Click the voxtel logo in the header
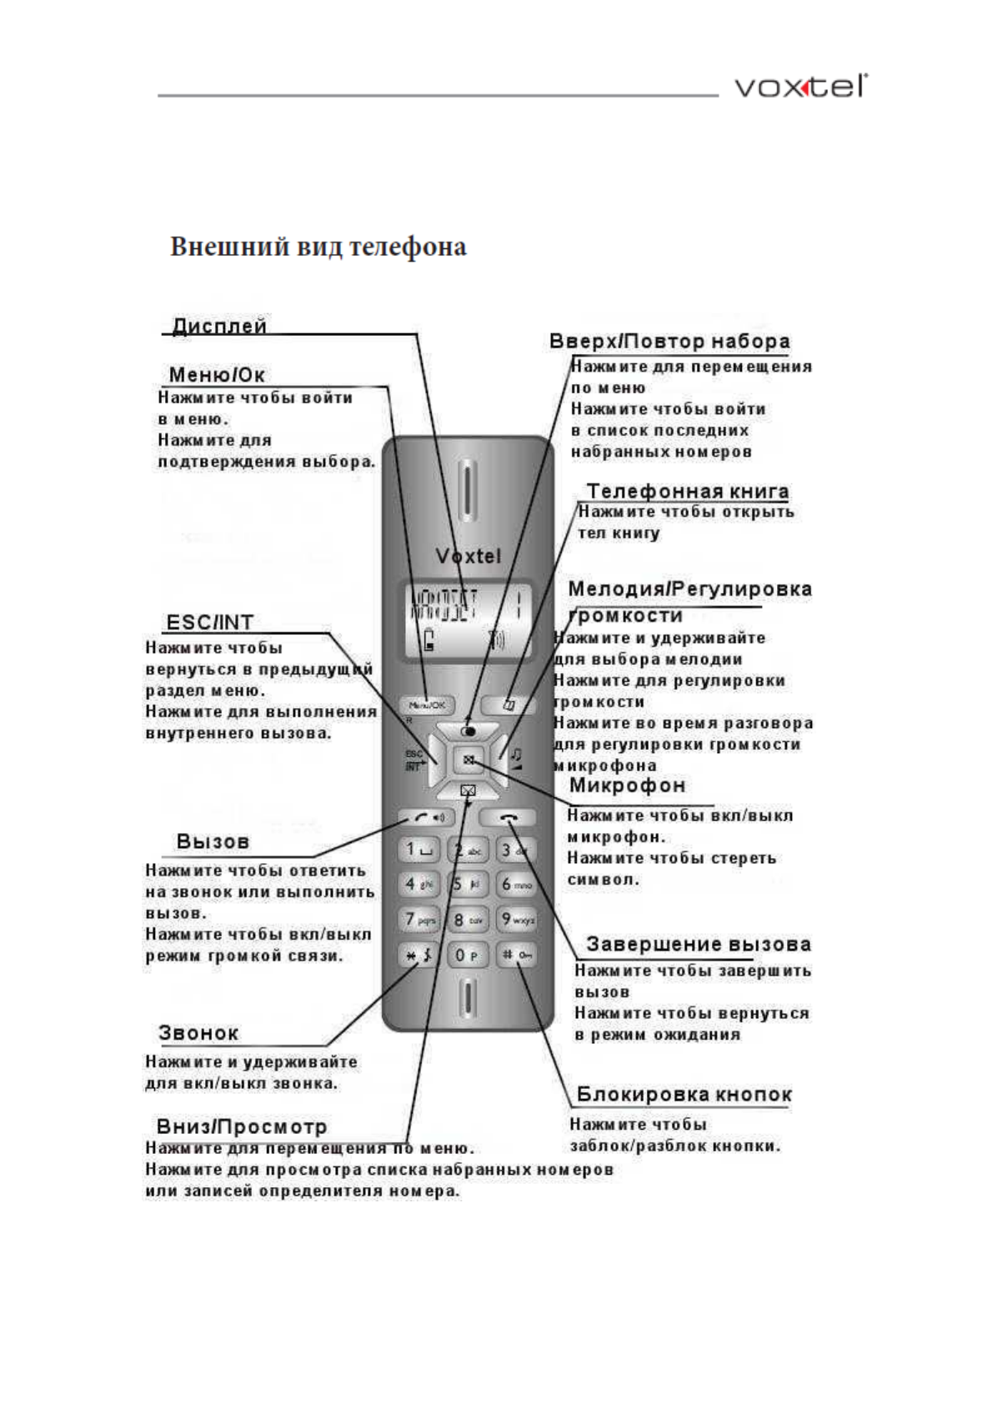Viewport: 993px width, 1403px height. click(x=800, y=87)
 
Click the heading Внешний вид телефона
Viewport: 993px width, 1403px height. click(x=318, y=247)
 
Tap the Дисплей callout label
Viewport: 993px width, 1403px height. click(x=219, y=326)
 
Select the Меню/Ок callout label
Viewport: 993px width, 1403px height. click(x=217, y=375)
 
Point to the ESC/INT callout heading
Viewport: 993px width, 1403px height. click(x=209, y=622)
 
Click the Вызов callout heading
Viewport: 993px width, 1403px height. click(x=213, y=841)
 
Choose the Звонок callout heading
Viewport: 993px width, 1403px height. click(x=198, y=1033)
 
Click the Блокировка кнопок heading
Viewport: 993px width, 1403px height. click(x=684, y=1094)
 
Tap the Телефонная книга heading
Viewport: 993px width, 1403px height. click(x=687, y=491)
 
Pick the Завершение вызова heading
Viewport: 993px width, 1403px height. click(x=698, y=944)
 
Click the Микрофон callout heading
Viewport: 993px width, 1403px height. click(x=627, y=785)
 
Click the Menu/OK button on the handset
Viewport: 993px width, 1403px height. click(x=426, y=705)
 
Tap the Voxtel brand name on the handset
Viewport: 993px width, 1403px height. click(x=468, y=556)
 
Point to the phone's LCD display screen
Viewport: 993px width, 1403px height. click(x=467, y=621)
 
